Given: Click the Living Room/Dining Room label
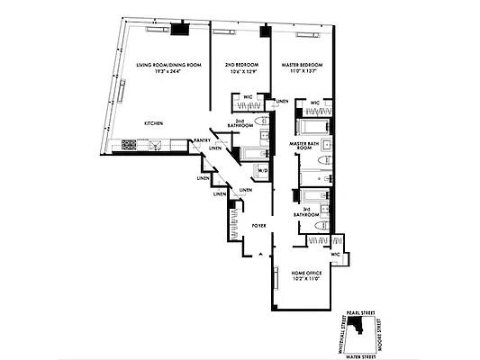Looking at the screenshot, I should [168, 66].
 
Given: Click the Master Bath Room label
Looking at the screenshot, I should [306, 146].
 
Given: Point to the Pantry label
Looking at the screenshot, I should [203, 140].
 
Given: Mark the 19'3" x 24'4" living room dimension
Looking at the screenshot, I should [168, 73].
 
